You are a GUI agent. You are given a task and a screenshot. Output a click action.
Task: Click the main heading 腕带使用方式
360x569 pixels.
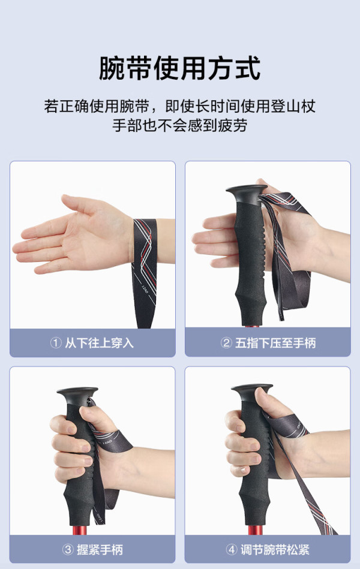(x=180, y=68)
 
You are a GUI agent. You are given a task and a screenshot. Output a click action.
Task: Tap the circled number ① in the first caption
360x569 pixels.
(x=56, y=342)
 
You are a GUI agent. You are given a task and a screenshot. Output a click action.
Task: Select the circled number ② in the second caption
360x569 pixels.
(x=226, y=342)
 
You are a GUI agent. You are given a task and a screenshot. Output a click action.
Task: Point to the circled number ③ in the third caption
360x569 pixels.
(x=68, y=549)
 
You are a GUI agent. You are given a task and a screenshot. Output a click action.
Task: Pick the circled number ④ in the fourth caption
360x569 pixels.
(x=232, y=549)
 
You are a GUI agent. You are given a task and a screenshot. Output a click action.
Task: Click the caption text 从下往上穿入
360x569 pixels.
(x=99, y=343)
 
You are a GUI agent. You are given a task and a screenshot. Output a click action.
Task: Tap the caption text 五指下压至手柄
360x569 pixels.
(x=275, y=343)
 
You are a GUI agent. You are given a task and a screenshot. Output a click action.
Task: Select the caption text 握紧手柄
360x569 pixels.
(x=100, y=550)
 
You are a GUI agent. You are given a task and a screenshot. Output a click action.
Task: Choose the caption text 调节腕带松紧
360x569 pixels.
(x=275, y=550)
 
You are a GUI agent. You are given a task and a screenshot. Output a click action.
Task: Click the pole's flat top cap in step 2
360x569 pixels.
(x=246, y=191)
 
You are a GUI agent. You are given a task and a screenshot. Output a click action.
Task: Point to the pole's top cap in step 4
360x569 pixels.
(x=251, y=390)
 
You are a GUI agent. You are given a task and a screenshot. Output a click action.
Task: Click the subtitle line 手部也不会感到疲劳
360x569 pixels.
(x=180, y=125)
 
